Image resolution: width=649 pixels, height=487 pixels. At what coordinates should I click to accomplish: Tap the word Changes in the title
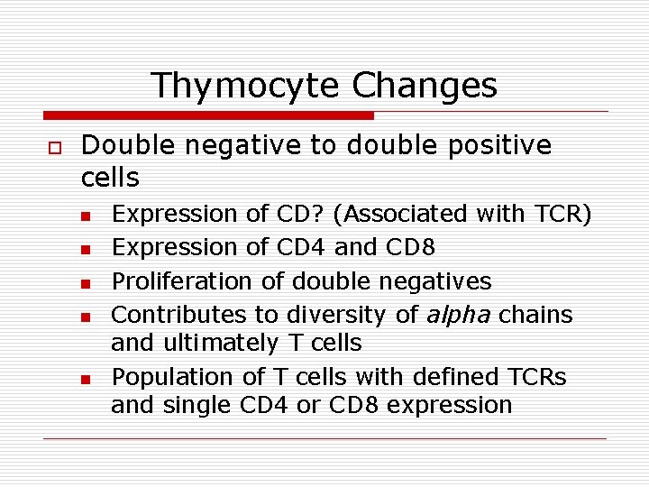tap(425, 86)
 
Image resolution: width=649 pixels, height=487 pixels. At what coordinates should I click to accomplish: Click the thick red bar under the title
tap(208, 115)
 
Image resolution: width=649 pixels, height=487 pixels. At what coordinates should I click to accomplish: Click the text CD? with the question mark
tap(296, 215)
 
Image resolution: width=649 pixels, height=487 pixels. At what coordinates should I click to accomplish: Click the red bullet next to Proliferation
tap(85, 283)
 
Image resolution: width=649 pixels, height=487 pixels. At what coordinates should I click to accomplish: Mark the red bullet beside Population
tap(85, 379)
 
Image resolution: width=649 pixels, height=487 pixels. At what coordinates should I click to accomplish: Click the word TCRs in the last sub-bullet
tap(537, 377)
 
